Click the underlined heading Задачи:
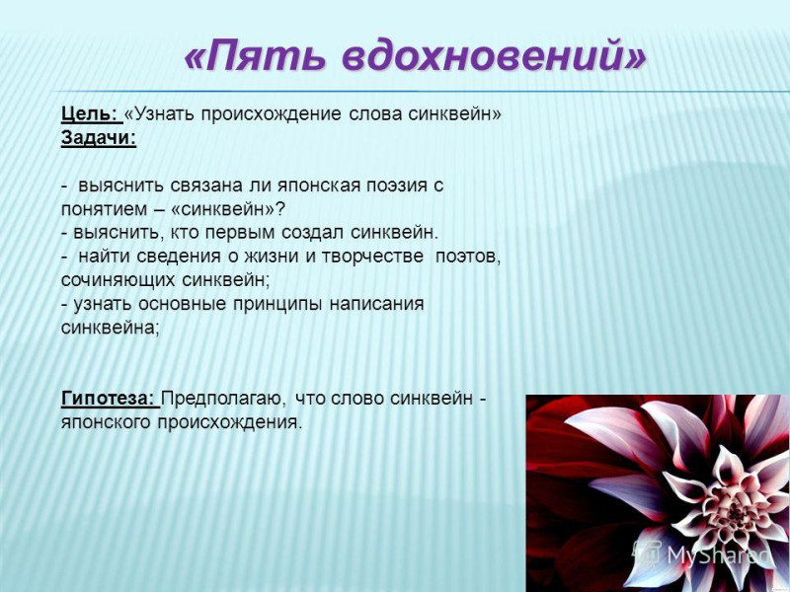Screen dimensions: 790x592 tap(99, 138)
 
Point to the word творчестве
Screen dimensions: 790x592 tap(372, 257)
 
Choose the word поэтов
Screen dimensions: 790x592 tap(468, 258)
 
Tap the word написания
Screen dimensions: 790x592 tap(377, 304)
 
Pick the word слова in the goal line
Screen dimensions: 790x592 tap(375, 114)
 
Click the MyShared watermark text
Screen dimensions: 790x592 tap(719, 555)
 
